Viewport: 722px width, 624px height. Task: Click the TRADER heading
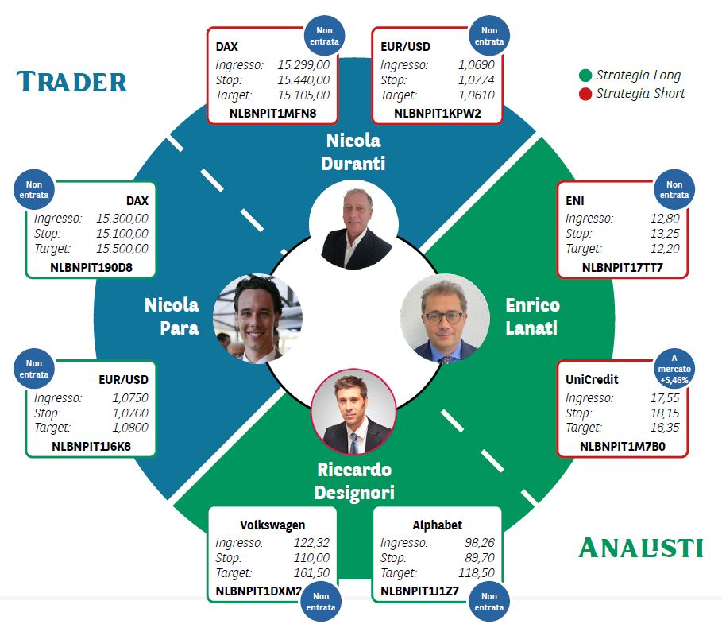[71, 82]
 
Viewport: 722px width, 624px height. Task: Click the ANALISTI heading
[640, 548]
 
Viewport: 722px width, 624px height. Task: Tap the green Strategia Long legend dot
[585, 76]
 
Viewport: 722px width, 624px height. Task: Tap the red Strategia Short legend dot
[585, 94]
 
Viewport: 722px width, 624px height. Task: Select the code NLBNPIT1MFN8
[272, 114]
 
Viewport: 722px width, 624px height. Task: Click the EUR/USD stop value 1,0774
[476, 80]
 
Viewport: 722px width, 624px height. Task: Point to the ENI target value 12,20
[665, 249]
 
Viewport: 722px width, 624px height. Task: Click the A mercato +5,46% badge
[674, 369]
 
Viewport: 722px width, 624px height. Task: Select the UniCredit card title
[592, 380]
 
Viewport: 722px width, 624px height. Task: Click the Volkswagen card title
[272, 525]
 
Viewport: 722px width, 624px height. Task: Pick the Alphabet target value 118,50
[476, 573]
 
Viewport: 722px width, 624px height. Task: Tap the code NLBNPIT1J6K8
[91, 447]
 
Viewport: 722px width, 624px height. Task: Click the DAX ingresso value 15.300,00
[122, 219]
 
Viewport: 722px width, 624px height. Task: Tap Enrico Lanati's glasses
[443, 317]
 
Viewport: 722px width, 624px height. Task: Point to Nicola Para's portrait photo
[258, 319]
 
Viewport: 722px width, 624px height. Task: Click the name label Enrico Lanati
[532, 316]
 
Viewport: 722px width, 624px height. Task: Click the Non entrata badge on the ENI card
[674, 190]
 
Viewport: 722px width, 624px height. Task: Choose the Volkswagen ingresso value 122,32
[311, 543]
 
